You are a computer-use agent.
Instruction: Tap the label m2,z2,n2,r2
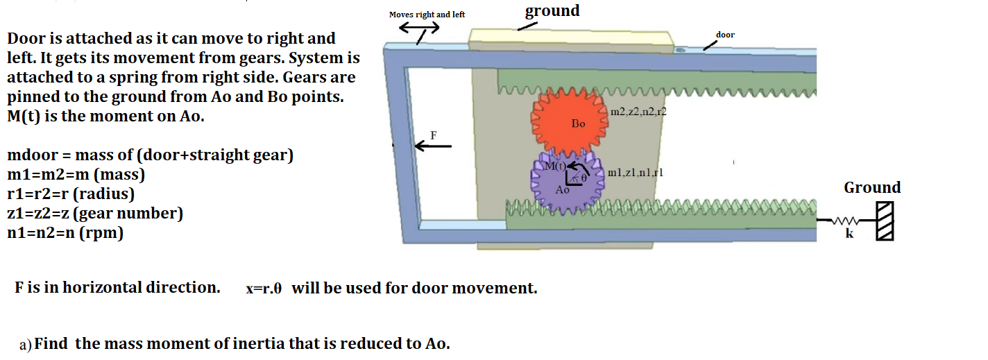pyautogui.click(x=638, y=112)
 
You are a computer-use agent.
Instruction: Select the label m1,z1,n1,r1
pyautogui.click(x=635, y=173)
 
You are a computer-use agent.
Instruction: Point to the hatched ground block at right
pyautogui.click(x=884, y=221)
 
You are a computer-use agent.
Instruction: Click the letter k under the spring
pyautogui.click(x=849, y=234)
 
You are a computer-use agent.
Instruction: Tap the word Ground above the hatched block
pyautogui.click(x=872, y=188)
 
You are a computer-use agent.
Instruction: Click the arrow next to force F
pyautogui.click(x=434, y=146)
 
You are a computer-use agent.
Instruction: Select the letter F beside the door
pyautogui.click(x=434, y=135)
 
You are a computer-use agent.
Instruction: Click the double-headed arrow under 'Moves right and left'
pyautogui.click(x=418, y=28)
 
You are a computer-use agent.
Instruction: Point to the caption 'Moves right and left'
pyautogui.click(x=427, y=15)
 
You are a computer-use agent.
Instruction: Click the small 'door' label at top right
pyautogui.click(x=725, y=35)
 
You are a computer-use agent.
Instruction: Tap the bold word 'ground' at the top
pyautogui.click(x=552, y=10)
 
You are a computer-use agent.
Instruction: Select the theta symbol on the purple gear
pyautogui.click(x=584, y=178)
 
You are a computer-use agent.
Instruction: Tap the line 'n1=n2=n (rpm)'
pyautogui.click(x=65, y=233)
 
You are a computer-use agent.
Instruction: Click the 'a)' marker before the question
pyautogui.click(x=26, y=345)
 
